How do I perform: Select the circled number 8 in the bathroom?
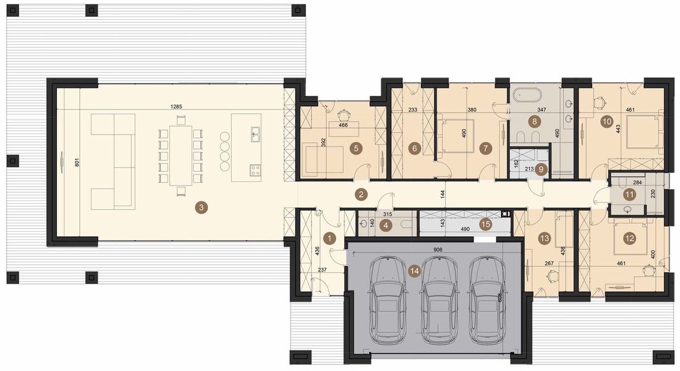pyautogui.click(x=534, y=122)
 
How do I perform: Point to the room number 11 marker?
pyautogui.click(x=629, y=194)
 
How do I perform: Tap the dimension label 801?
pyautogui.click(x=77, y=164)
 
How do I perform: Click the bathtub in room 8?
pyautogui.click(x=527, y=96)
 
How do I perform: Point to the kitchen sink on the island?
pyautogui.click(x=255, y=132)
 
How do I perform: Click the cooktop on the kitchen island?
pyautogui.click(x=254, y=169)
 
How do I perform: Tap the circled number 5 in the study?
pyautogui.click(x=355, y=148)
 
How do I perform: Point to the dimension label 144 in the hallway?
pyautogui.click(x=443, y=194)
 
